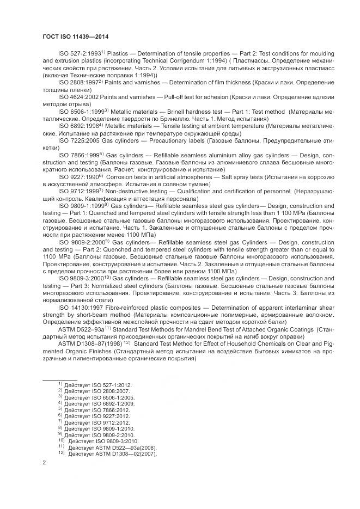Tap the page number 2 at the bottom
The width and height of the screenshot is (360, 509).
(x=44, y=463)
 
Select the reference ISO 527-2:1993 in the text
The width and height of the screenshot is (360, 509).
(x=78, y=55)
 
